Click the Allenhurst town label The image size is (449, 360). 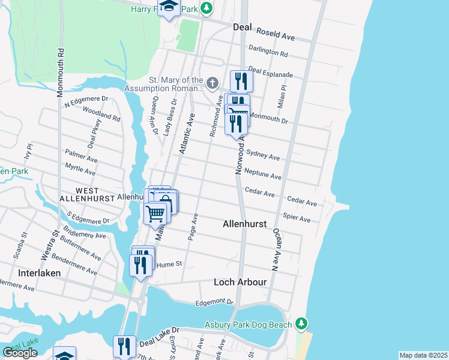click(244, 223)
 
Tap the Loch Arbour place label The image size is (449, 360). click(241, 281)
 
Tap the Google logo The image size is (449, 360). click(20, 353)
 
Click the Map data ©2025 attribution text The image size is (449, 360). click(423, 355)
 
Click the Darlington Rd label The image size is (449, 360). click(269, 52)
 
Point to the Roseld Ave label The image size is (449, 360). click(277, 36)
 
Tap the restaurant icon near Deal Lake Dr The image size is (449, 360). click(124, 346)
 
